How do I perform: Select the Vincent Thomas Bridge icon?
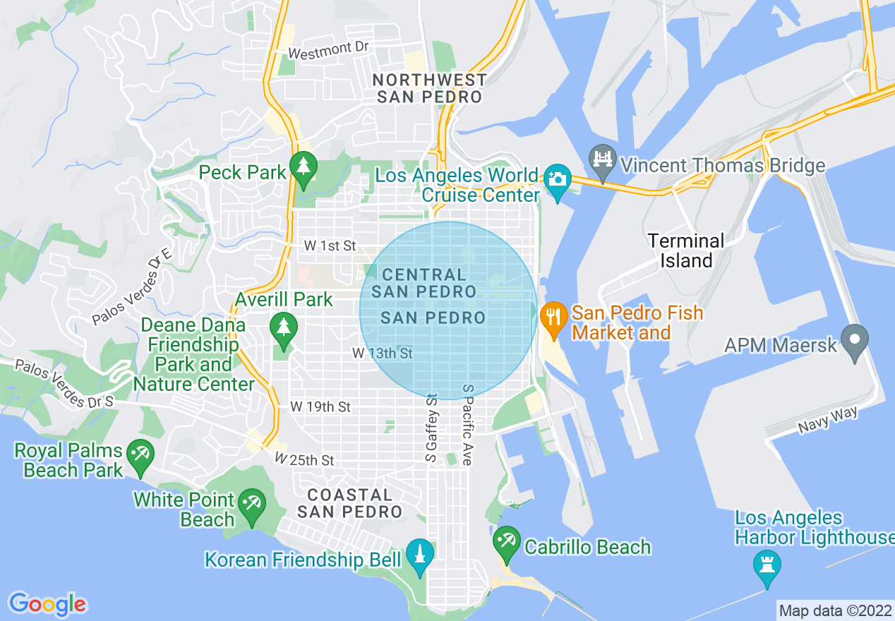603,162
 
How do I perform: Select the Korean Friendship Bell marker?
419,556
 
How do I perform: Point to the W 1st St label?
330,246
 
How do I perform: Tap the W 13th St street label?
383,353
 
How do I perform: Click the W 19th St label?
320,407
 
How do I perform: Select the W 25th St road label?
304,459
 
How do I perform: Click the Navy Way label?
828,420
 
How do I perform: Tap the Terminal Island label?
686,251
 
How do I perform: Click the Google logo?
47,604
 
